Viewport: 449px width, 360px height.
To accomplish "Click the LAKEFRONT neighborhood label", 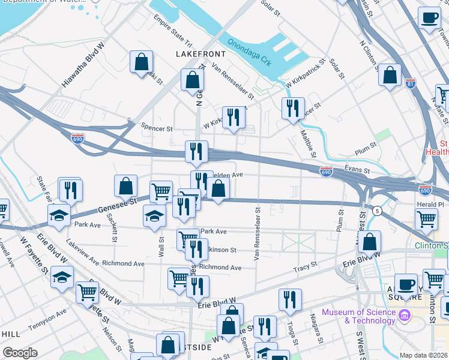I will coord(200,54).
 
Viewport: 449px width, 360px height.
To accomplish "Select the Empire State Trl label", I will coord(172,35).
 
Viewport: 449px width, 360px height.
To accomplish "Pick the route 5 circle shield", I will coord(376,211).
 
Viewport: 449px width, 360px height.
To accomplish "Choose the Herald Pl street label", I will coord(430,204).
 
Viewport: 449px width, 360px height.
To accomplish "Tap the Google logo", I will coord(20,353).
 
